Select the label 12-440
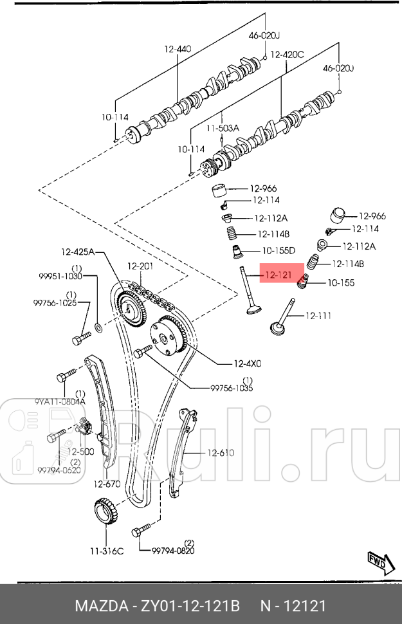coord(178,48)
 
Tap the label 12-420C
coord(286,55)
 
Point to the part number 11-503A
coord(222,128)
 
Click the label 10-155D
coord(278,250)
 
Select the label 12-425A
coord(77,252)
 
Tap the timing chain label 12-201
coord(140,266)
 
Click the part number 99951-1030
coord(60,276)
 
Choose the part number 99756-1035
coord(232,388)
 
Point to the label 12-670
coord(107,484)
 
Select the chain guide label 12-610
coord(221,453)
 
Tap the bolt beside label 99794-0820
coord(140,531)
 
